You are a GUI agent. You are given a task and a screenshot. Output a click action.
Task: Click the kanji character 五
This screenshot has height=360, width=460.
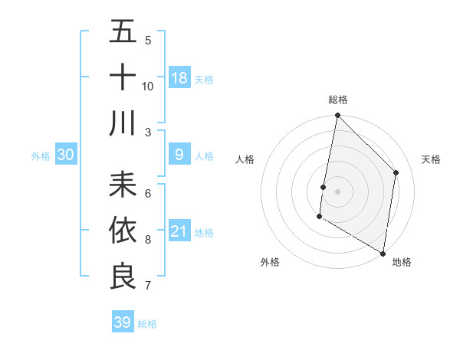(123, 33)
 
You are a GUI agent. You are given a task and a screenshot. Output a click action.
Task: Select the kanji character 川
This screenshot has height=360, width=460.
(123, 123)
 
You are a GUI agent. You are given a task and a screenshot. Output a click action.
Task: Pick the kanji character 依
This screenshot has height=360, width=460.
(123, 230)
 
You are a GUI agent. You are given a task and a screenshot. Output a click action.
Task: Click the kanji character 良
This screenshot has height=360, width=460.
(123, 276)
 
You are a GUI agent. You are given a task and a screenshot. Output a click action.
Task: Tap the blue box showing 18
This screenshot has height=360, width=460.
(179, 78)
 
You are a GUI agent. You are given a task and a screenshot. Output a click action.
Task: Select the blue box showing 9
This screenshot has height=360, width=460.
(179, 155)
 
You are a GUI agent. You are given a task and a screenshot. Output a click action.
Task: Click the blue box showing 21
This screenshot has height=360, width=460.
(179, 231)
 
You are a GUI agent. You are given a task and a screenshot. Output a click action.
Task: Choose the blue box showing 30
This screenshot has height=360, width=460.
(66, 155)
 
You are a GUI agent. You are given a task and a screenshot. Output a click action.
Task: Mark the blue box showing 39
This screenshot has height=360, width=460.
(123, 322)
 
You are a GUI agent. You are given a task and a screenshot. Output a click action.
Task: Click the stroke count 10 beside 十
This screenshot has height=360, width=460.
(148, 86)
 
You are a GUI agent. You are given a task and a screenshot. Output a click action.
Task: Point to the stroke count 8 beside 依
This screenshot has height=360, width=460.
(148, 240)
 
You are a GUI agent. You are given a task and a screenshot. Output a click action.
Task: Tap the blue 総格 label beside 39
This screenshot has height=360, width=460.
(147, 324)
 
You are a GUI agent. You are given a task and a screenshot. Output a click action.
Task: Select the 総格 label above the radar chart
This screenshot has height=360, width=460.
(337, 100)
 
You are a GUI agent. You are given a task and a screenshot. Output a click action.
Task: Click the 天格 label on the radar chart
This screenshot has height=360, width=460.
(432, 159)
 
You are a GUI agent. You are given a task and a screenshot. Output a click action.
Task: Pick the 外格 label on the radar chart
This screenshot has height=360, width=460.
(269, 262)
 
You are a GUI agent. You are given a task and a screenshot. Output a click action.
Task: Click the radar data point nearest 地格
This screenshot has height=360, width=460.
(383, 252)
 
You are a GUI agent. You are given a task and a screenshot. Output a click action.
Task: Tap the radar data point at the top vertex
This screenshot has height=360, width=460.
(337, 116)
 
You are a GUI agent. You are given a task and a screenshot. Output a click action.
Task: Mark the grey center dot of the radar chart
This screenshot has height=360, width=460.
(337, 191)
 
